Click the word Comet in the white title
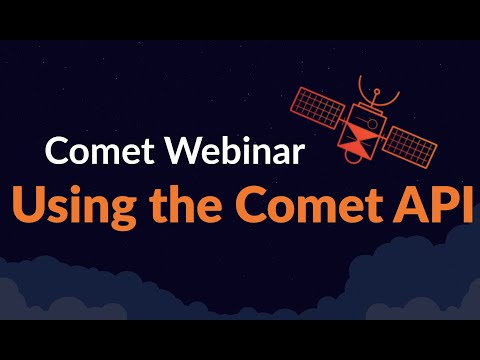(x=91, y=153)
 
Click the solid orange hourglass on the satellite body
(x=358, y=142)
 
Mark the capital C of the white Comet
(x=57, y=153)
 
